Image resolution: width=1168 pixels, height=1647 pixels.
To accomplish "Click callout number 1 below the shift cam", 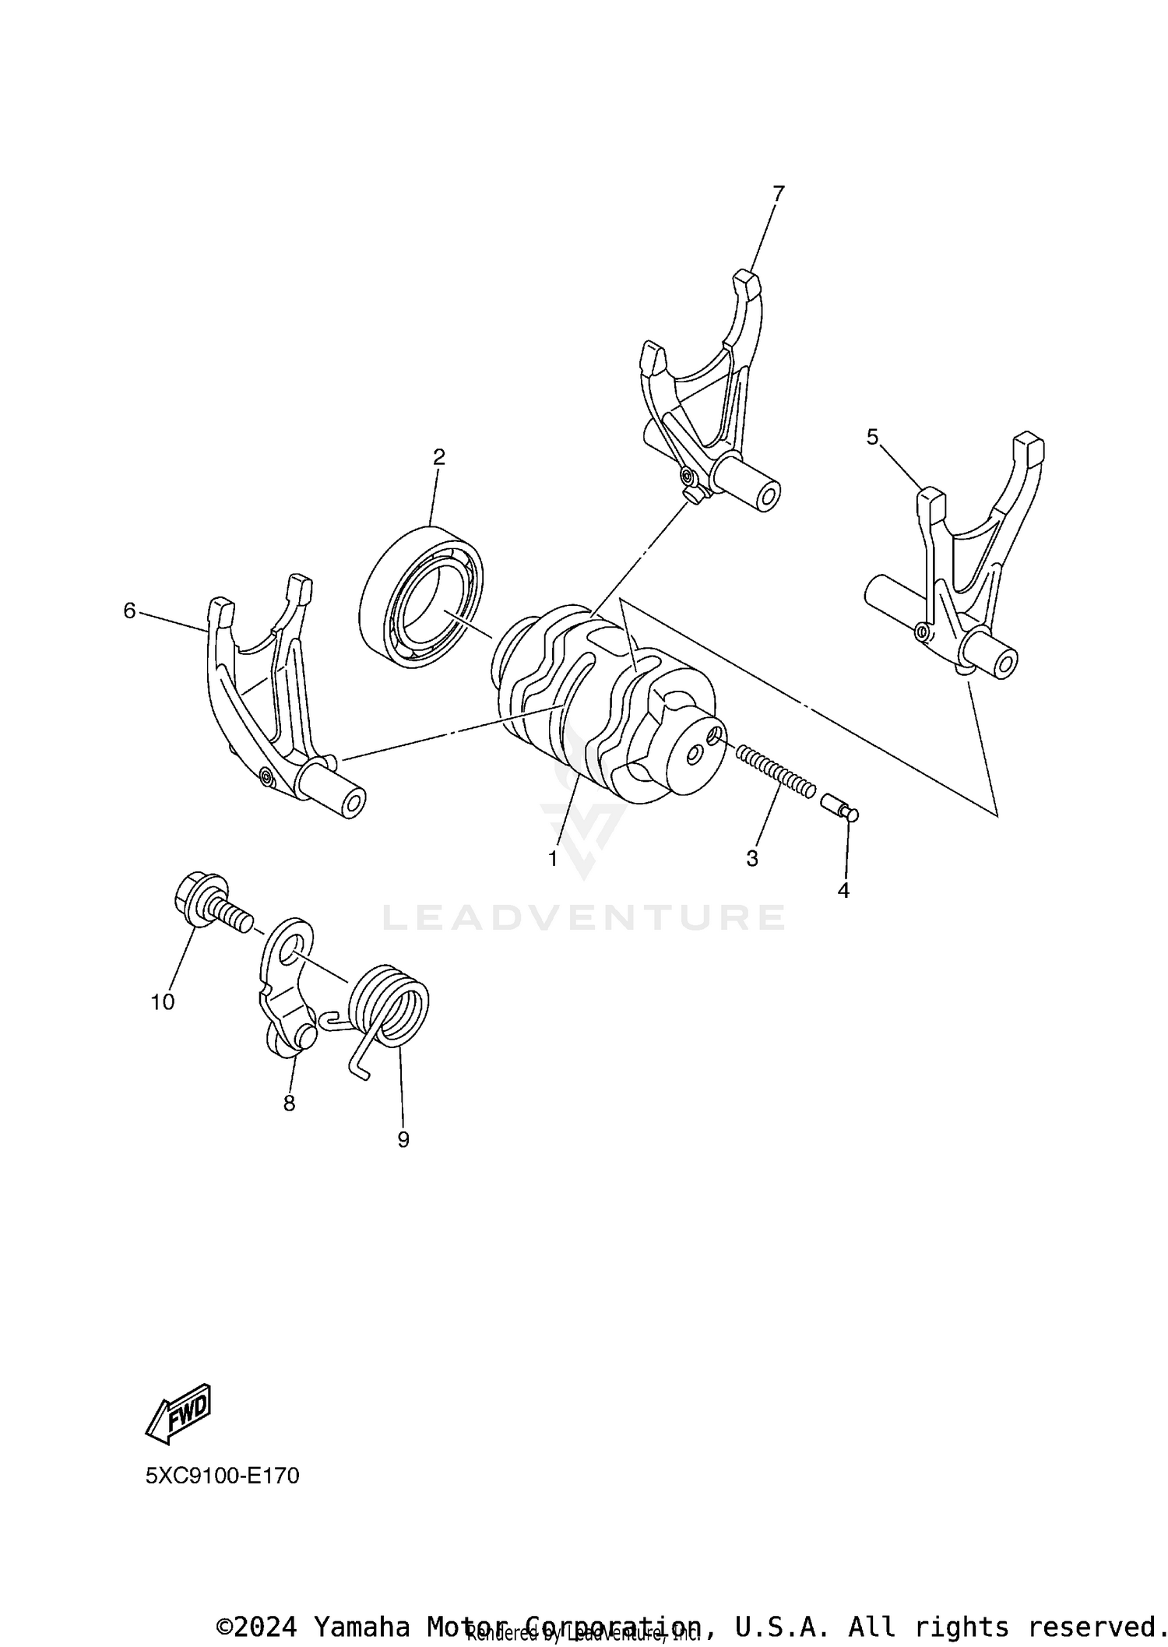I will (x=553, y=859).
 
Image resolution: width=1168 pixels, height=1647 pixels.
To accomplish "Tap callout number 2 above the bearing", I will (x=439, y=457).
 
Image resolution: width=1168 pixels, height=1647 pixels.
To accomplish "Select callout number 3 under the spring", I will (x=752, y=859).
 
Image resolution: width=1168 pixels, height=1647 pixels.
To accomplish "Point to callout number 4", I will (x=843, y=890).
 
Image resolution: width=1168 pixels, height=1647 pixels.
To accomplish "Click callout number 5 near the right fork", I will (x=872, y=438).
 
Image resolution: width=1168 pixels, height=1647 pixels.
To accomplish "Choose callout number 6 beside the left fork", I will (x=129, y=611).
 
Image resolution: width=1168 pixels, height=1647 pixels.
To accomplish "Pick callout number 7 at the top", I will (x=778, y=193).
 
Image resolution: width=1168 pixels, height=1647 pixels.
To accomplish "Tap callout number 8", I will (x=290, y=1103).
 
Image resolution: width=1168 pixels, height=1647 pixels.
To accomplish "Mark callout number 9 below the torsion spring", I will (x=403, y=1140).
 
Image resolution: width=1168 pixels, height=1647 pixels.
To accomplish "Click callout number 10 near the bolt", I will (x=163, y=1002).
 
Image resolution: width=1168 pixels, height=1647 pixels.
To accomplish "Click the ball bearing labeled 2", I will (x=421, y=597).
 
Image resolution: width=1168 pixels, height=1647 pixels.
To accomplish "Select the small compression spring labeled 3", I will (x=776, y=770).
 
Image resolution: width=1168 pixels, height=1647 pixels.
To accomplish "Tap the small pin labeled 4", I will (x=839, y=807).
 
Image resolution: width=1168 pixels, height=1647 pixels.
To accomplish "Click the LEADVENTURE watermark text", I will (x=584, y=918).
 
